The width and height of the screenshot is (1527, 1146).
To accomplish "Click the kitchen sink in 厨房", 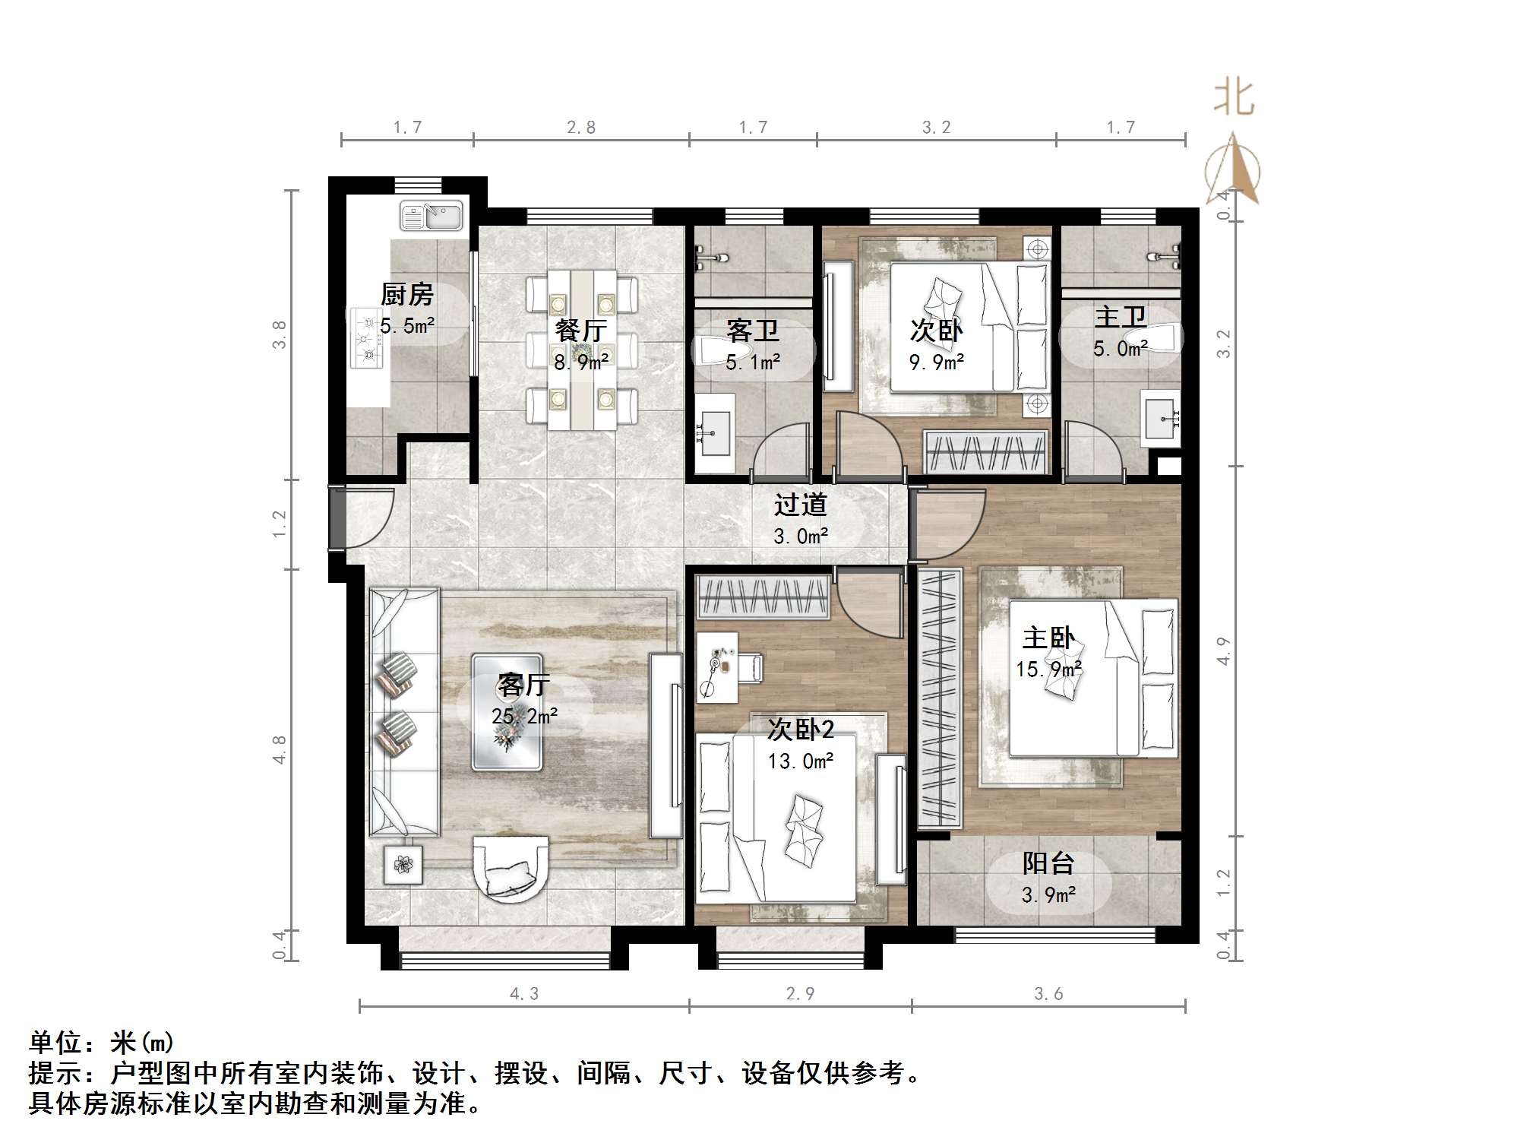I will [432, 216].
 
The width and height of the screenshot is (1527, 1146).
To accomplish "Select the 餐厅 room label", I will [580, 331].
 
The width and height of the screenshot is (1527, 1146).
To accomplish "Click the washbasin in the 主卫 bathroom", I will [1161, 417].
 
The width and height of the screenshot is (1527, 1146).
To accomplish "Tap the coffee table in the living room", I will [507, 712].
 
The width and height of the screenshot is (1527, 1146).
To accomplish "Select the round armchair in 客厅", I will [511, 868].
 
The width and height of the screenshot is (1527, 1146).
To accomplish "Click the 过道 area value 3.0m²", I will [801, 537].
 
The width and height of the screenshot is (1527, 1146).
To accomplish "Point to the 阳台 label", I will [1048, 863].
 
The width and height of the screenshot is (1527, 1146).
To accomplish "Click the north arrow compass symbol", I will [1232, 170].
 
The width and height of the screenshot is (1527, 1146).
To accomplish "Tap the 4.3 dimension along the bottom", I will [523, 994].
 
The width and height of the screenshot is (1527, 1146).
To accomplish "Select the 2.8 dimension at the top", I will [581, 128].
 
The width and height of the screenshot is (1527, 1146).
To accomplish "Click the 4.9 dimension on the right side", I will [1223, 651].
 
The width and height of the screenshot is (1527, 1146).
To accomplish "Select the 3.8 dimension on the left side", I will [280, 334].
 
